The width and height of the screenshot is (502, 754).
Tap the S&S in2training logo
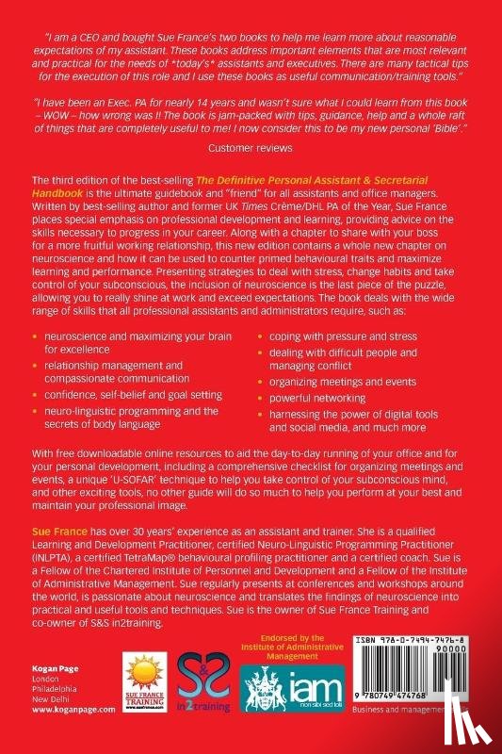pyautogui.click(x=207, y=691)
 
